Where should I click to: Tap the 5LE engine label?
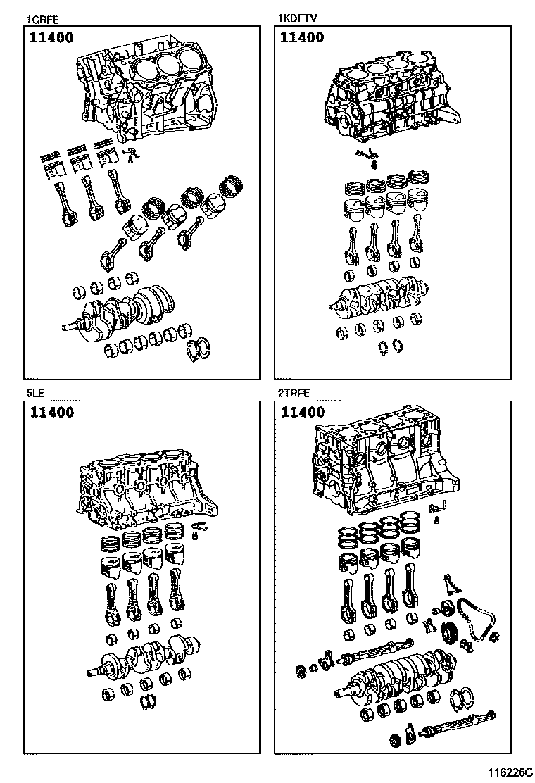[34, 394]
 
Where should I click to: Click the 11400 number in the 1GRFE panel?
[51, 38]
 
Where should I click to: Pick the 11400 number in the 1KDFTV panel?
[302, 38]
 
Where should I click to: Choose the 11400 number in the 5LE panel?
[51, 413]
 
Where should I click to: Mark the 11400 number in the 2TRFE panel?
[302, 413]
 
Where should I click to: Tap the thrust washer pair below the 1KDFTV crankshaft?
[391, 345]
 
